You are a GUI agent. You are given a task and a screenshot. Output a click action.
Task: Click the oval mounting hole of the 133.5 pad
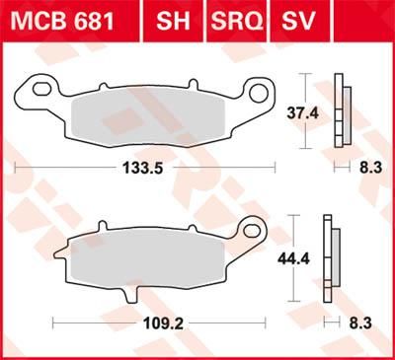click(42, 90)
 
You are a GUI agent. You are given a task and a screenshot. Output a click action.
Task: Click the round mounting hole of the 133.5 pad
click(261, 95)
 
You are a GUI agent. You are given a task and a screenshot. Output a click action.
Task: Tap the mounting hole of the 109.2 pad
click(254, 233)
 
